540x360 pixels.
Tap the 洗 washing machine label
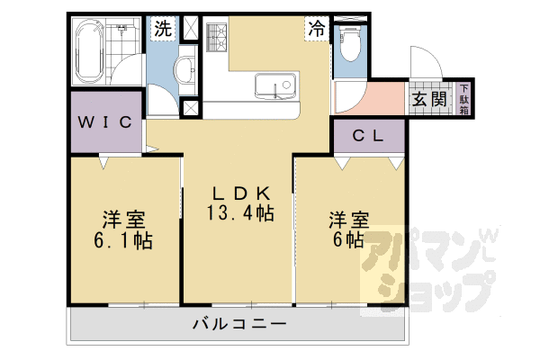pyautogui.click(x=162, y=29)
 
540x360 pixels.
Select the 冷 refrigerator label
pyautogui.click(x=318, y=28)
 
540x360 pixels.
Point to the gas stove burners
pyautogui.click(x=216, y=38)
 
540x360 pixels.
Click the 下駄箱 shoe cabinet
pyautogui.click(x=464, y=99)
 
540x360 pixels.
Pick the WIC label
pyautogui.click(x=105, y=121)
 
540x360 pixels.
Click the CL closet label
pyautogui.click(x=368, y=137)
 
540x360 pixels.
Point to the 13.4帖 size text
pyautogui.click(x=239, y=214)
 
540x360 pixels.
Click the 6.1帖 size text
pyautogui.click(x=124, y=240)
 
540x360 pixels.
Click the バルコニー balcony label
pyautogui.click(x=238, y=324)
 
